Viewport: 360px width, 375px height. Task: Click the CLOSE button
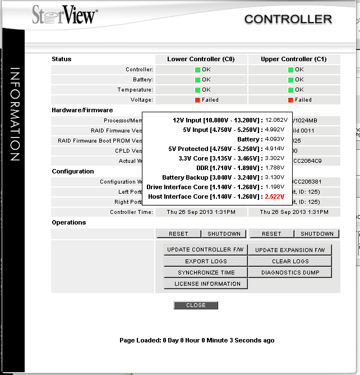[196, 305]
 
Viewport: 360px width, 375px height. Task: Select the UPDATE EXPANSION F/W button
[290, 250]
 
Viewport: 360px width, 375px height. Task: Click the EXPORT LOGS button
[206, 262]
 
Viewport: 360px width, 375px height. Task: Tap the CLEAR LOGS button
[290, 262]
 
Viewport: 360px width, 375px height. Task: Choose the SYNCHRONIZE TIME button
[206, 273]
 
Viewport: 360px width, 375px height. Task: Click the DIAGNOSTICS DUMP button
[290, 273]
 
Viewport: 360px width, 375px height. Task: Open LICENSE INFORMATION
[206, 284]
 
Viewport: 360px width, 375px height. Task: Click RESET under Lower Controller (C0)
[178, 234]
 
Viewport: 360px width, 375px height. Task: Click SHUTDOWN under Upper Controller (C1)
[317, 234]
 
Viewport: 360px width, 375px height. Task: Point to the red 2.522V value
[274, 197]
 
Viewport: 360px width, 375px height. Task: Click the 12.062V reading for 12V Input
[276, 120]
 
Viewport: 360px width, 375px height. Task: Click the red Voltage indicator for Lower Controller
[197, 100]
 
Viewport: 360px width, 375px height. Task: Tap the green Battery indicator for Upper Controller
[291, 80]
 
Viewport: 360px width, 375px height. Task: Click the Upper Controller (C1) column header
[293, 59]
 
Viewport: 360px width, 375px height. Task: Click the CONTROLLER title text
[288, 19]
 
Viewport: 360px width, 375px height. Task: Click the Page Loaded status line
[197, 340]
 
